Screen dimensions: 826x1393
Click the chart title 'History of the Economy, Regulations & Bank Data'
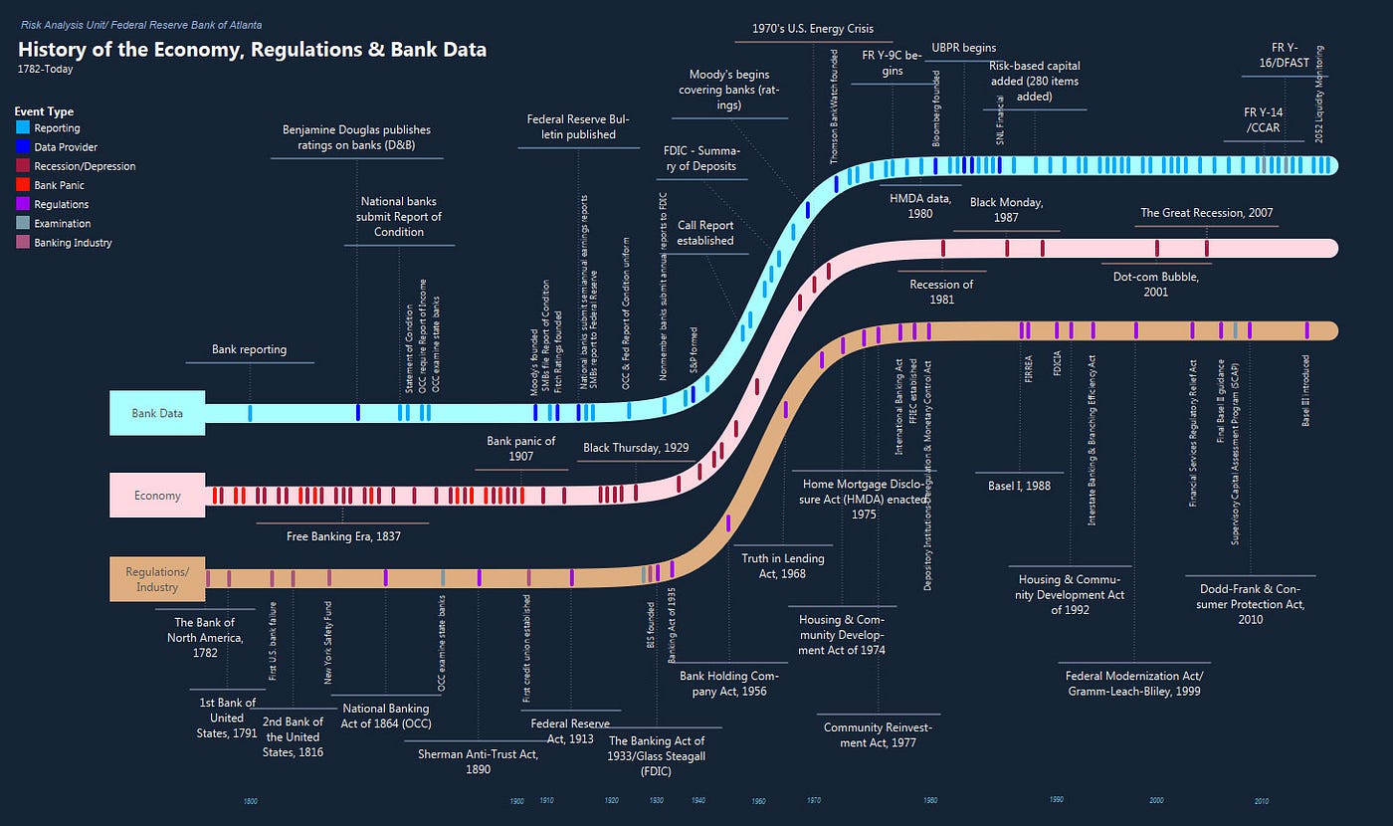point(253,49)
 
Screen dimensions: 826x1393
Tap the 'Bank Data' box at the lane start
point(157,413)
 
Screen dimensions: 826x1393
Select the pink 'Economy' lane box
point(157,495)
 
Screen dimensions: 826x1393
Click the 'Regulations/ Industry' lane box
point(157,579)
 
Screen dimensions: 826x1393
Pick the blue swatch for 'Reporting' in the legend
point(23,128)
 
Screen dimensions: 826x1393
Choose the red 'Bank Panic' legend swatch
point(23,185)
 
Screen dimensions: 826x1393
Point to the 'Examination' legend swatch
point(23,224)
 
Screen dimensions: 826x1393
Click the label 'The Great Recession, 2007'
point(1206,213)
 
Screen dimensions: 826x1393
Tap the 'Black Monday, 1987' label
point(1006,210)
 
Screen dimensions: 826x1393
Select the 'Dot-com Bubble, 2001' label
point(1155,285)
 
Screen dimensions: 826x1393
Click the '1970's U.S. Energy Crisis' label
point(813,29)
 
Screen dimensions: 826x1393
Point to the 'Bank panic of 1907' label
point(520,448)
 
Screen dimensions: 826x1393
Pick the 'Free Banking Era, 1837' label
point(342,536)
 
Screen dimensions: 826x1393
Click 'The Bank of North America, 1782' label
point(204,638)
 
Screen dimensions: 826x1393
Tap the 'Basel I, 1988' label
point(1020,486)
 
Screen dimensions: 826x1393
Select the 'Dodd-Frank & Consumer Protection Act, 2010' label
point(1251,603)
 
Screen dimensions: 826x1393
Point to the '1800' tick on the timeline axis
point(251,801)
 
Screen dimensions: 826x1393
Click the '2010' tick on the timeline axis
point(1261,801)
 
